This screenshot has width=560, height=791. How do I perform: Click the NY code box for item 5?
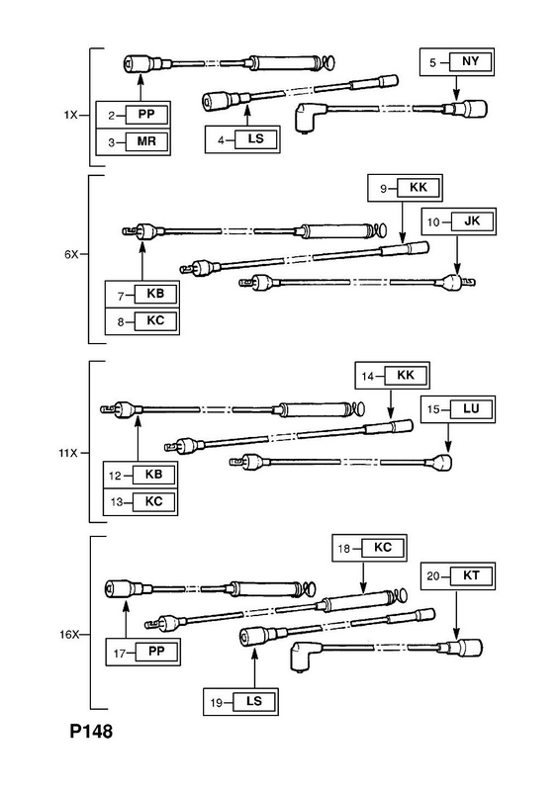click(470, 62)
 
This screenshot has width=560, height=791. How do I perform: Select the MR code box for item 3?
click(146, 141)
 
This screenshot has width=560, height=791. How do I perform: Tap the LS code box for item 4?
click(256, 138)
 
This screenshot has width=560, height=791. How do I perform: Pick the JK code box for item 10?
click(472, 221)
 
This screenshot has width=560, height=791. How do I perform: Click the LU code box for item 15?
click(471, 408)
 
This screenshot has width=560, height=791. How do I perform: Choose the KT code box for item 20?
click(471, 575)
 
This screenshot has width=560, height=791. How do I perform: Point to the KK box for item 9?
click(419, 188)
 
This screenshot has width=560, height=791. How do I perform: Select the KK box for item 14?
click(406, 376)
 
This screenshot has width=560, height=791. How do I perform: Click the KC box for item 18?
click(383, 548)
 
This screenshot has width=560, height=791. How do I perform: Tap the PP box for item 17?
click(156, 652)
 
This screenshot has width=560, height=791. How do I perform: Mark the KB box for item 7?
click(155, 294)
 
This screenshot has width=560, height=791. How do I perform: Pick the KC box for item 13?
click(154, 502)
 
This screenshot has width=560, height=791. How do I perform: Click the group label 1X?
click(70, 115)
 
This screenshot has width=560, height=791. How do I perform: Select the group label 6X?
click(71, 254)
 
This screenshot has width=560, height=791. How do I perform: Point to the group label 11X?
click(68, 453)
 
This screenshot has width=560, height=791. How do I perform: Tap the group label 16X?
click(69, 635)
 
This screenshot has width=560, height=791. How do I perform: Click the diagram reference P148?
click(91, 732)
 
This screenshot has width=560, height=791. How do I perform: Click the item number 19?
click(217, 703)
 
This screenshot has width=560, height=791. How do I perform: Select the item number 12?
click(115, 476)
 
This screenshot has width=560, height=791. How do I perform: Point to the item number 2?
click(112, 116)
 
